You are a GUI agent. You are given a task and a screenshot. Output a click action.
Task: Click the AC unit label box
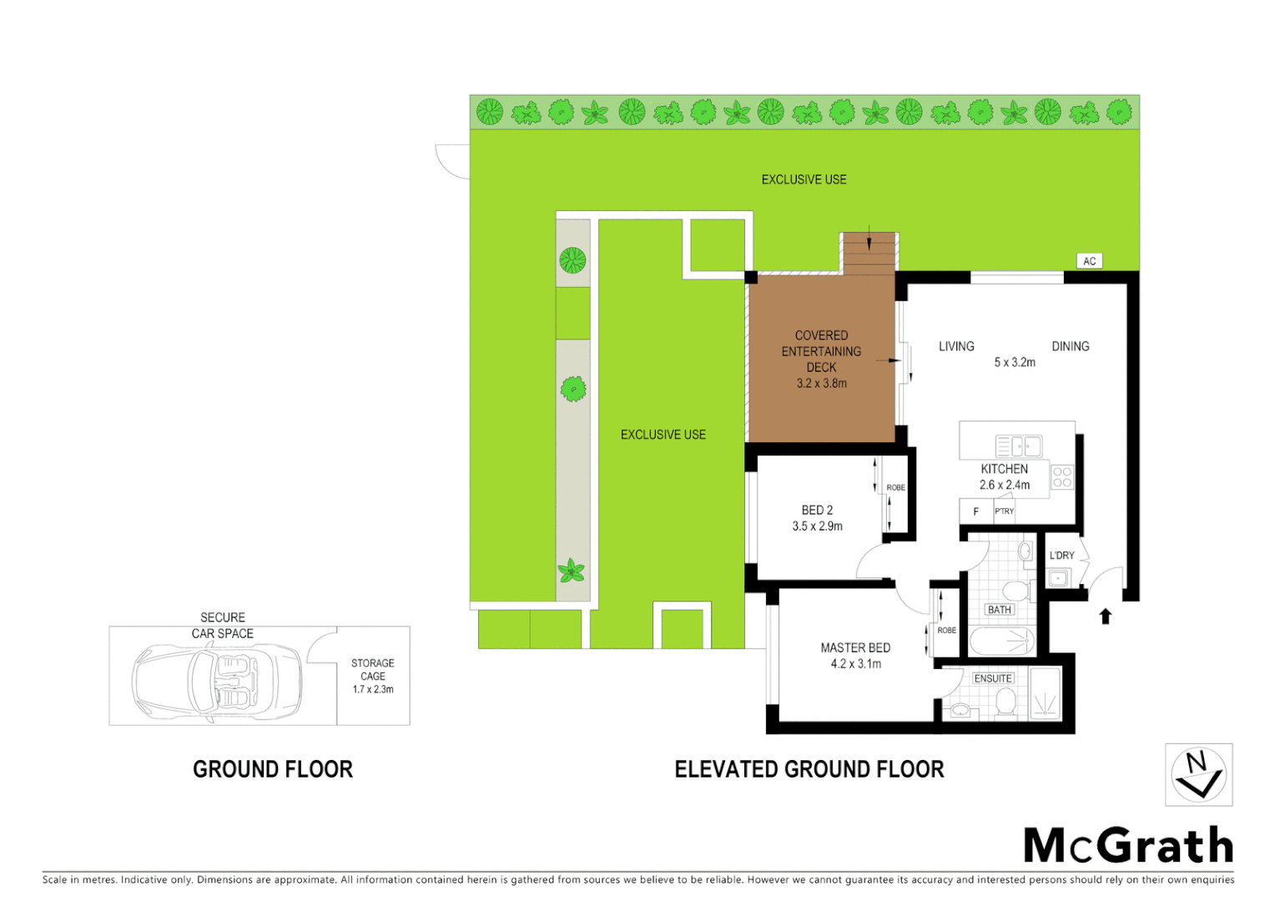point(1089,261)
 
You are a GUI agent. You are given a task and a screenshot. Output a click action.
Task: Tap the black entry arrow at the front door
point(1106,617)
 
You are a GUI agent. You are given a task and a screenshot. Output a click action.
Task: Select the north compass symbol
point(1198,775)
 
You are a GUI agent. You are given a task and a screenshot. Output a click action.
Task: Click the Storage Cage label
point(373,670)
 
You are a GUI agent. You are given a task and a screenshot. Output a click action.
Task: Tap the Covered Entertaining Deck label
point(821,351)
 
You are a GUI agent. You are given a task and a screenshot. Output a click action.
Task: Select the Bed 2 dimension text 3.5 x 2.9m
point(817,526)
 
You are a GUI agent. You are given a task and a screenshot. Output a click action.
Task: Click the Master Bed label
point(855,647)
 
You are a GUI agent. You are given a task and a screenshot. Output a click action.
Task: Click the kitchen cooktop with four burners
point(1062,477)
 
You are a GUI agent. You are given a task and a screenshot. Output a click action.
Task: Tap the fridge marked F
point(975,511)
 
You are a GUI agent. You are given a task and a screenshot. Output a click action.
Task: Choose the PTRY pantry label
point(1004,511)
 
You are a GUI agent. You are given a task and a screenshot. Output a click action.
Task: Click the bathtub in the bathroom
point(1002,642)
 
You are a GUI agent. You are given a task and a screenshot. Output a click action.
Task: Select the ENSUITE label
point(993,678)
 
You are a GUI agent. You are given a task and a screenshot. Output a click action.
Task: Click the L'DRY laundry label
point(1061,555)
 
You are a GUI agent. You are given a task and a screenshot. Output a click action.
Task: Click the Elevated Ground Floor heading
point(809,769)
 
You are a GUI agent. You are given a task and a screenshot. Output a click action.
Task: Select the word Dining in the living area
point(1070,346)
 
